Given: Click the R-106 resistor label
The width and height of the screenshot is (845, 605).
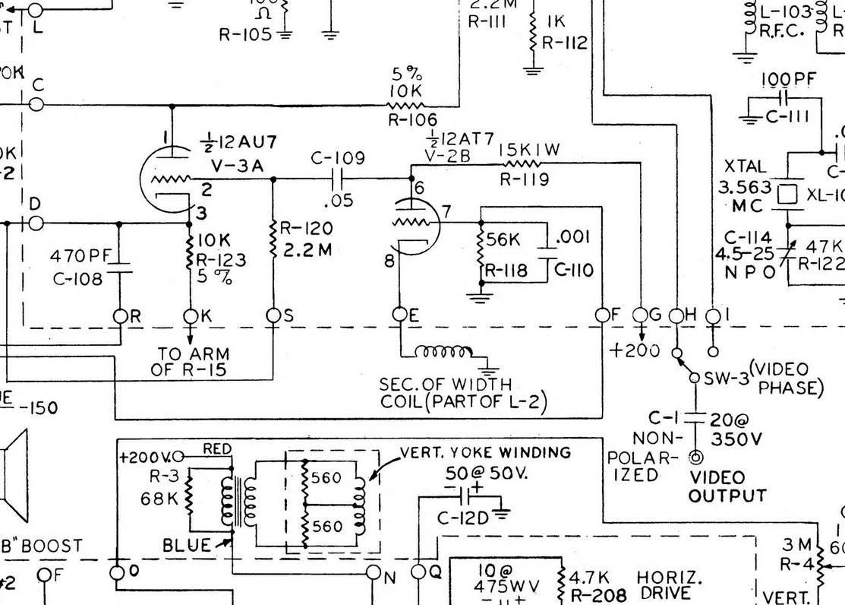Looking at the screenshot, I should [x=412, y=119].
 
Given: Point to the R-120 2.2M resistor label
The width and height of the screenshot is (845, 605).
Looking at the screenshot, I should [x=304, y=238].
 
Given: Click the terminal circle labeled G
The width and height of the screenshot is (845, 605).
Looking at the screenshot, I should [x=641, y=315].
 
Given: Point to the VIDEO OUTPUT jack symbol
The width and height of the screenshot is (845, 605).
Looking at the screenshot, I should [x=695, y=458].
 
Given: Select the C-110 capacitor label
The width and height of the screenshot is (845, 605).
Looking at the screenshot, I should [x=574, y=270].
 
